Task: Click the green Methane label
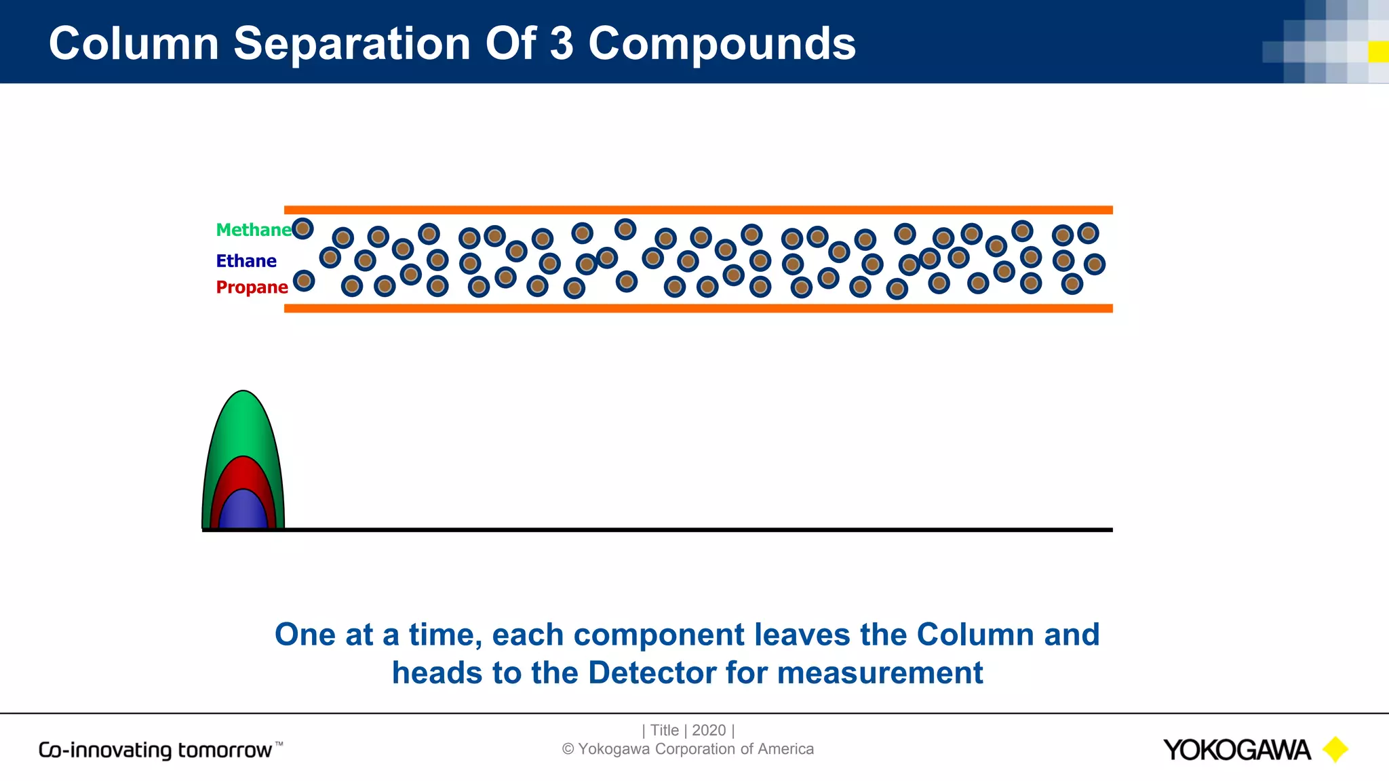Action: click(x=253, y=230)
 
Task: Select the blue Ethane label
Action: click(x=246, y=261)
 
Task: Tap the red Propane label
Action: click(x=252, y=287)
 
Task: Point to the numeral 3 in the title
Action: click(x=562, y=43)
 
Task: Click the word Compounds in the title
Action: click(x=722, y=43)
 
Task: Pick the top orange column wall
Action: click(x=698, y=210)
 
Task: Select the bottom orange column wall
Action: click(x=698, y=308)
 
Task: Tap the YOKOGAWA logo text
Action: click(x=1236, y=750)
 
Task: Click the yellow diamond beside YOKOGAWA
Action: click(x=1335, y=750)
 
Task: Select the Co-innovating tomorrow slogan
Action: click(x=160, y=750)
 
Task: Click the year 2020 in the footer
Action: click(x=709, y=730)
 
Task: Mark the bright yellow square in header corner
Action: click(x=1378, y=52)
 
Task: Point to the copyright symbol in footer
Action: click(x=568, y=749)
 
